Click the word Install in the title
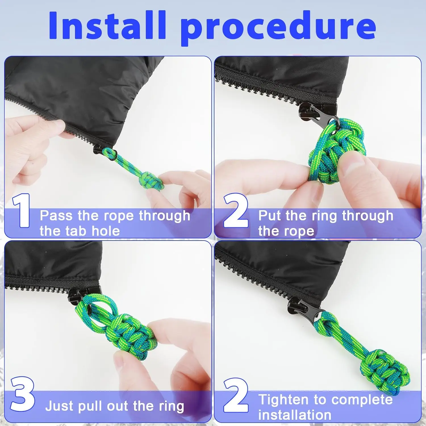(x=107, y=25)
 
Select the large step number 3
(x=23, y=394)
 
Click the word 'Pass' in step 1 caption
(x=56, y=216)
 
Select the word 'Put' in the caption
(x=270, y=216)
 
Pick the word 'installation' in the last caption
(x=295, y=415)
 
